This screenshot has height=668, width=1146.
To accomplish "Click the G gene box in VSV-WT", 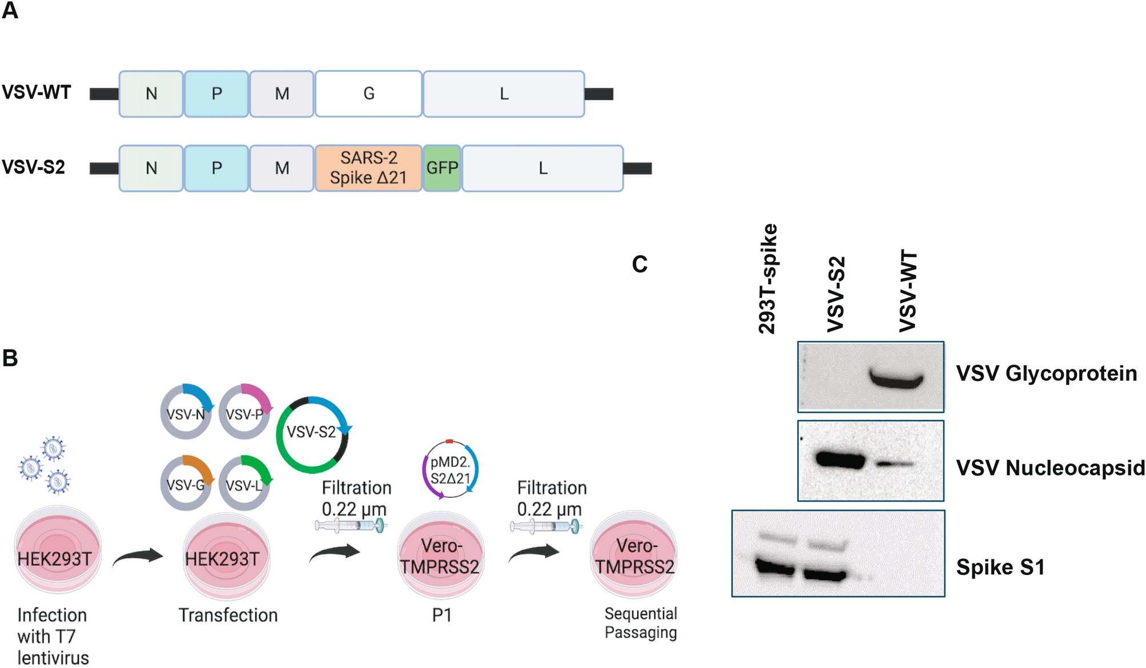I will (x=368, y=94).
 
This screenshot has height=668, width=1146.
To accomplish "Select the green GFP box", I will (x=442, y=168).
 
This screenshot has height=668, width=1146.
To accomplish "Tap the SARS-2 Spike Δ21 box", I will (x=368, y=168).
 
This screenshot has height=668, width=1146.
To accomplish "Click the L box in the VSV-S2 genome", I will (x=542, y=168).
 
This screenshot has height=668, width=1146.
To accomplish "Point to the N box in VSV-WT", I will (x=151, y=94).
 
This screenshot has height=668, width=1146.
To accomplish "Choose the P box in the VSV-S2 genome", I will (x=216, y=168).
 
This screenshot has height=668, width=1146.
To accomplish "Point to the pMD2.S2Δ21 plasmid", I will (x=451, y=469).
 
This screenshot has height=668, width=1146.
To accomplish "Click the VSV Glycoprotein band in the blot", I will (x=896, y=379).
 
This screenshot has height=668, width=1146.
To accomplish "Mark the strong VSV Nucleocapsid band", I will (x=840, y=460).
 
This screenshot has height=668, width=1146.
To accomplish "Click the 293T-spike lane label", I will (x=767, y=279).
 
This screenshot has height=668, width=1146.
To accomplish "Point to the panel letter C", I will (x=640, y=264).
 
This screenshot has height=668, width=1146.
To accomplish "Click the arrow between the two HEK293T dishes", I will (x=138, y=556).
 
